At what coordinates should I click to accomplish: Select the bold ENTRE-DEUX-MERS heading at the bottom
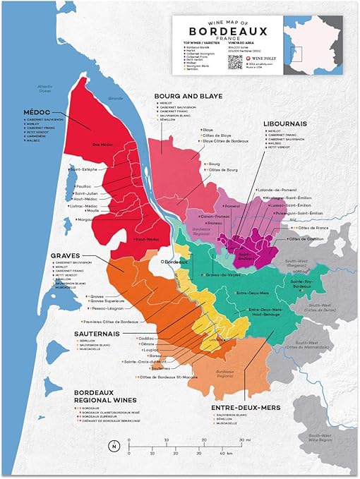[245, 407]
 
